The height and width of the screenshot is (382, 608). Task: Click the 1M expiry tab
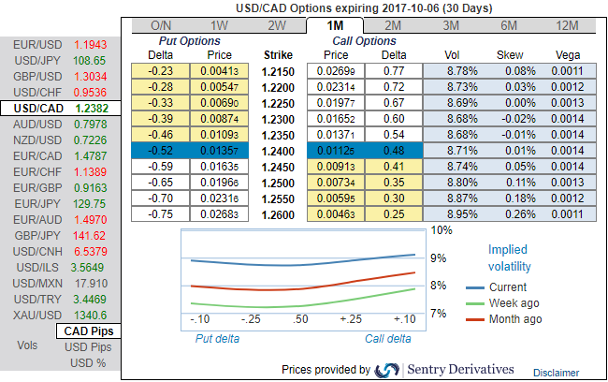[336, 25]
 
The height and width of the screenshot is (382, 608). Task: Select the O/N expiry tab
[160, 25]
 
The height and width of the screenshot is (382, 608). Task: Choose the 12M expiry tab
[567, 25]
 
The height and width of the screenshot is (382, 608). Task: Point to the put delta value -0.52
[160, 150]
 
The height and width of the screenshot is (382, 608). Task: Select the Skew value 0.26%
[509, 213]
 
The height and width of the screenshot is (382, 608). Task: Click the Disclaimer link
[556, 373]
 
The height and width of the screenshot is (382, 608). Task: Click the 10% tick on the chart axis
[442, 230]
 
